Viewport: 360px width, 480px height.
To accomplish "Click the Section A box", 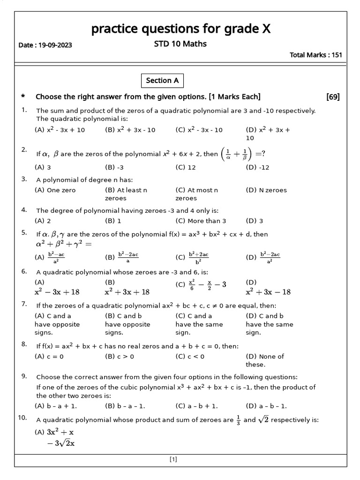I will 162,81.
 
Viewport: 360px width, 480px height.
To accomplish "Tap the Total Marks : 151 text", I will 316,55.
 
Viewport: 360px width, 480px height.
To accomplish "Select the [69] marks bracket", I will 333,97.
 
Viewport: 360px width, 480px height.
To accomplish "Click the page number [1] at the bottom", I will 173,460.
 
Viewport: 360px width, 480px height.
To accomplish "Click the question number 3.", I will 24,179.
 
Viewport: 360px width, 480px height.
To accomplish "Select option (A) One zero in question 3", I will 55,190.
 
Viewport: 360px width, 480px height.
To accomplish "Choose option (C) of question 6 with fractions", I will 201,284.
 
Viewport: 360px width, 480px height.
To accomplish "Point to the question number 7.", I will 24,304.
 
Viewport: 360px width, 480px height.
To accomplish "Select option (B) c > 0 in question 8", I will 119,356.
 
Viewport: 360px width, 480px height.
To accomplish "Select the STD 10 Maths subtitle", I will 180,44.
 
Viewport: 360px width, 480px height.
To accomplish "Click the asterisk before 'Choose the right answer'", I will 23,97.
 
